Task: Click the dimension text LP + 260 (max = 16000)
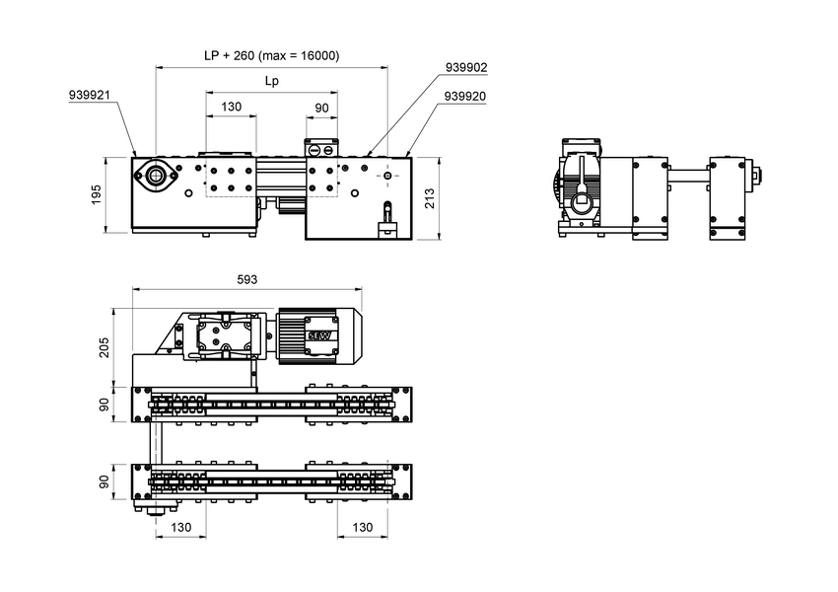coord(271,56)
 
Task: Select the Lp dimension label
coord(271,82)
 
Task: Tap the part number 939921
coord(89,97)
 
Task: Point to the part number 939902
coord(466,68)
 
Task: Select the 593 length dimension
coord(247,280)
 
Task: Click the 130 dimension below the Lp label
coord(231,107)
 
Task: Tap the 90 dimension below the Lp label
coord(321,107)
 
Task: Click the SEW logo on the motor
coord(320,335)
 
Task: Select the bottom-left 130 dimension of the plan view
coord(181,528)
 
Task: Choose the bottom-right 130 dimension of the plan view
coord(362,528)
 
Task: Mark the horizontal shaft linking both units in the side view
coord(687,178)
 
